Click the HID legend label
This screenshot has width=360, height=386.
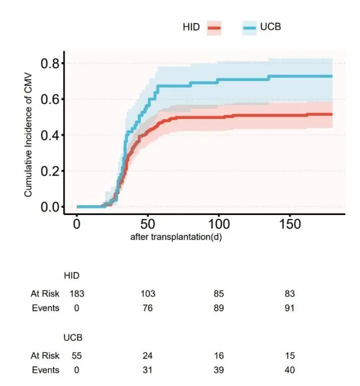[x=191, y=27]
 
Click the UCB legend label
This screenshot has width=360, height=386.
[x=271, y=27]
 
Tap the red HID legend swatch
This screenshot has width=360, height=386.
[x=214, y=28]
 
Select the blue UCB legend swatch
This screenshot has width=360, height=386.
[x=250, y=28]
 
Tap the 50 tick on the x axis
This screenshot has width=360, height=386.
[x=148, y=224]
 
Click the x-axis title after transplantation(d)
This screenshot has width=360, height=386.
[x=176, y=237]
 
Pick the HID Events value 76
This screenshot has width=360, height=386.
[x=148, y=308]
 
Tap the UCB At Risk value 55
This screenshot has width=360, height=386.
[x=77, y=356]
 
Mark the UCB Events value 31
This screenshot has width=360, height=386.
[x=148, y=370]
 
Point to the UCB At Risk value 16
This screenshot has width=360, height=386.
[x=219, y=356]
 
